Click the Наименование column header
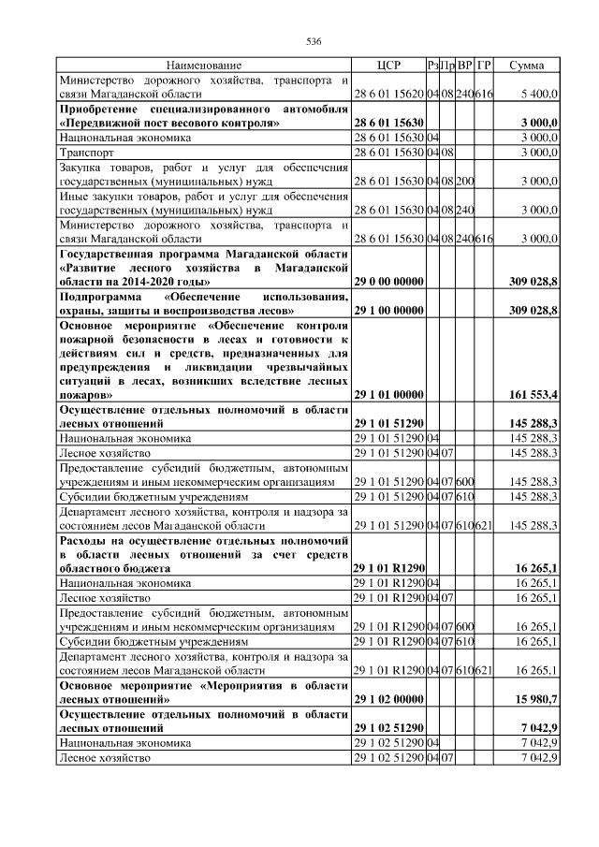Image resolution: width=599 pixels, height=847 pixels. click(x=204, y=66)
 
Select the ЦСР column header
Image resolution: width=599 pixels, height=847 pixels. click(x=387, y=66)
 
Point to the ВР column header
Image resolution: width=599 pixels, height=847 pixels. click(x=464, y=66)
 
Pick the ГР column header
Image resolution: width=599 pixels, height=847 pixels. click(x=484, y=66)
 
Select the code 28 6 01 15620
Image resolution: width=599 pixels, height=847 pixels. click(x=387, y=95)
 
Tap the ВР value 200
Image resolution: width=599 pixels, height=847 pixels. click(x=464, y=181)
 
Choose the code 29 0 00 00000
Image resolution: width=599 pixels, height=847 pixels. click(x=387, y=281)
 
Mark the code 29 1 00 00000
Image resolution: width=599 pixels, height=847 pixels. click(x=387, y=310)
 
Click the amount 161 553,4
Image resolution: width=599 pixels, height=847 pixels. click(x=531, y=395)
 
